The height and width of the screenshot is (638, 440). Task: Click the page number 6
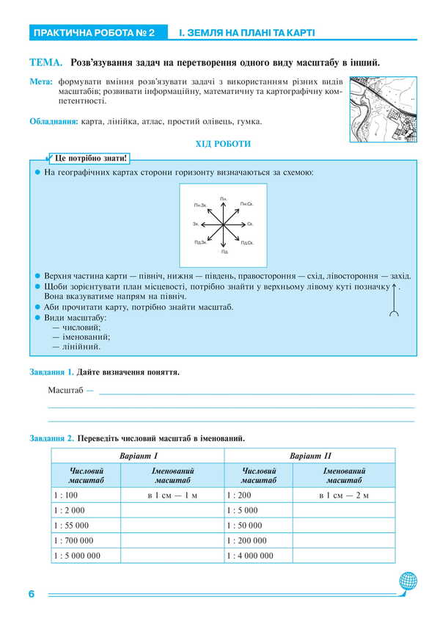pyautogui.click(x=32, y=593)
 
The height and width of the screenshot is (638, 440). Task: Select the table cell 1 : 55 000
pyautogui.click(x=71, y=526)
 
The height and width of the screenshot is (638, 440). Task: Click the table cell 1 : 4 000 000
pyautogui.click(x=250, y=556)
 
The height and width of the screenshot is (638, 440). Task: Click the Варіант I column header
pyautogui.click(x=137, y=456)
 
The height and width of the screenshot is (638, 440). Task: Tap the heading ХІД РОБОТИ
pyautogui.click(x=222, y=144)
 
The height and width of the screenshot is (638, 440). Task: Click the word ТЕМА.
pyautogui.click(x=45, y=63)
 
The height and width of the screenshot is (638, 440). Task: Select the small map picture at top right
pyautogui.click(x=383, y=109)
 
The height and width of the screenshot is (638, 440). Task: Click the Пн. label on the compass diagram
pyautogui.click(x=223, y=199)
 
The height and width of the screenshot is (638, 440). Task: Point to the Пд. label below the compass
pyautogui.click(x=224, y=251)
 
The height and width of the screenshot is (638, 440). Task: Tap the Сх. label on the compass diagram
pyautogui.click(x=250, y=224)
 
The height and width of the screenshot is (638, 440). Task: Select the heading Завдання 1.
pyautogui.click(x=51, y=372)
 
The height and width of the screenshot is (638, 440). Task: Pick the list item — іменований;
pyautogui.click(x=81, y=336)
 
